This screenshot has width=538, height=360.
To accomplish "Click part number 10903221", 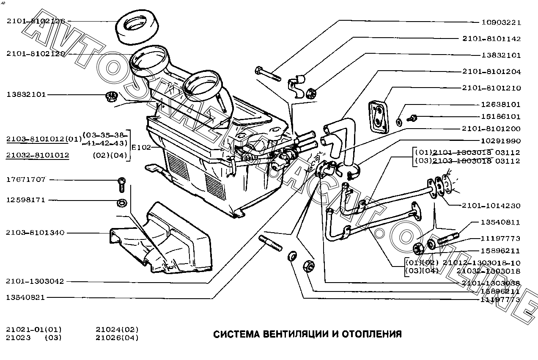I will pos(501,22).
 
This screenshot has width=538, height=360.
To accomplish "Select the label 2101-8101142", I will pos(491,38).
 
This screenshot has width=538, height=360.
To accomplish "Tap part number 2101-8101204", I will pos(491,71).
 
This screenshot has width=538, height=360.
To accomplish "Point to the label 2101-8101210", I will pos(491,88).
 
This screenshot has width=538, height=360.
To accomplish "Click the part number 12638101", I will pos(501,104).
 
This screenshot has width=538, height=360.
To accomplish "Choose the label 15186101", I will pos(501,116).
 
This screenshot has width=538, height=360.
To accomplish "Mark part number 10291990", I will pos(501,141).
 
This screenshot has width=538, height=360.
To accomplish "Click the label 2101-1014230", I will pos(491,206).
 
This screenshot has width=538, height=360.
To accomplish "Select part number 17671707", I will pos(26,180).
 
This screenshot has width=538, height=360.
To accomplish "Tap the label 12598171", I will pos(26,200).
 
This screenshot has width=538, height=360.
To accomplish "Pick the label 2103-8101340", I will pos(36,233).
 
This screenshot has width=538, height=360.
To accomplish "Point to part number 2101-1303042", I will pos(36,281).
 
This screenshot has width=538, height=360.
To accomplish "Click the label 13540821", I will pos(26,297).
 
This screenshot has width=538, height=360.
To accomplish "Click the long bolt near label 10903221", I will pos(268,74).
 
